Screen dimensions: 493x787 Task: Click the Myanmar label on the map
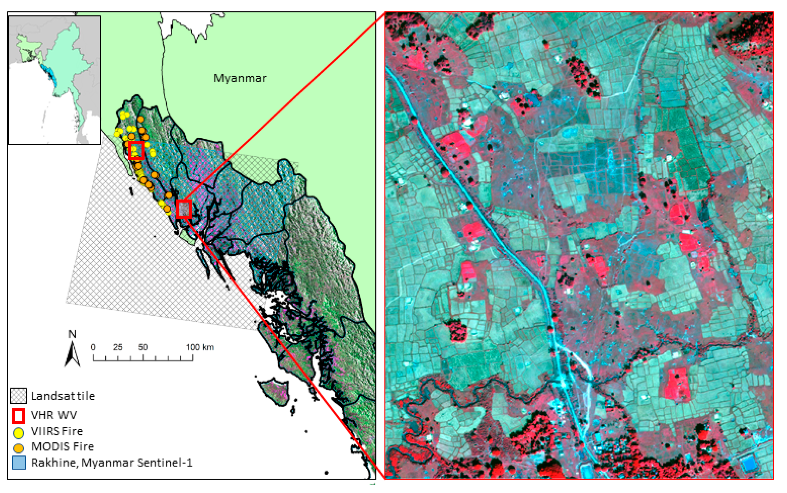(240, 78)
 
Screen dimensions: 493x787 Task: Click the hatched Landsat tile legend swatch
(18, 396)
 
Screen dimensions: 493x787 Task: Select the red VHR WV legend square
(18, 415)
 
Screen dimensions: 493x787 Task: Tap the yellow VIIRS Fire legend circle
(18, 432)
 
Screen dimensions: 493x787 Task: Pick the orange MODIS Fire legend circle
(18, 448)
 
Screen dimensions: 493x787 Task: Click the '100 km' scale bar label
(200, 347)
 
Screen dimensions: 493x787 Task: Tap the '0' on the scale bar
(93, 347)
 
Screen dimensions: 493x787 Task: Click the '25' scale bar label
(118, 347)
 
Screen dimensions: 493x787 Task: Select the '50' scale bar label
(143, 347)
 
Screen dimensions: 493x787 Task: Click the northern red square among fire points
(136, 150)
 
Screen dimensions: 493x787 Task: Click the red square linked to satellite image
(184, 209)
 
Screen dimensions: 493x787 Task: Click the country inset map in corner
(54, 80)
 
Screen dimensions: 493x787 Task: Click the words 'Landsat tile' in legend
(63, 396)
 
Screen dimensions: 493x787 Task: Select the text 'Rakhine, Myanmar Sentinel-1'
(112, 463)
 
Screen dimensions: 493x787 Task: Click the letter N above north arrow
(72, 334)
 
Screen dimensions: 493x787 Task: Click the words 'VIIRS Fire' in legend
(57, 431)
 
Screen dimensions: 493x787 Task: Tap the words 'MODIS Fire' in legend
(62, 446)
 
